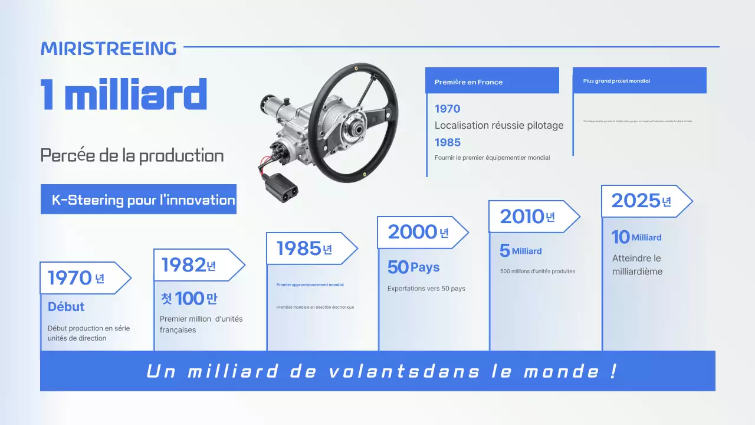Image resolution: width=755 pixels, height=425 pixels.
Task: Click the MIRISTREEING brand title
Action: [109, 48]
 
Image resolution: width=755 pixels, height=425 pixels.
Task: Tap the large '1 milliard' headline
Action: [124, 94]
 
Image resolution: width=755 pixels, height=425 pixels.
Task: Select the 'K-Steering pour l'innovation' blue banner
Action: [139, 200]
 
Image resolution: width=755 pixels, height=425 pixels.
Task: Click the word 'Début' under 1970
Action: [66, 307]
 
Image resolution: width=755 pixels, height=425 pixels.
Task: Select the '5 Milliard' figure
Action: [520, 251]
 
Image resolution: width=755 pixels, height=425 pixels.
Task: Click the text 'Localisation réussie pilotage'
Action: [498, 125]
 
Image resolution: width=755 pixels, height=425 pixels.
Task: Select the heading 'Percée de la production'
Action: [132, 156]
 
